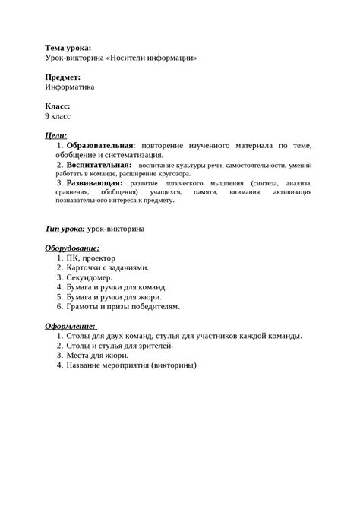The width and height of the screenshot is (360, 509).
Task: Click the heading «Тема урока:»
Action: (x=68, y=48)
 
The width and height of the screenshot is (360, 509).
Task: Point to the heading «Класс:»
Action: (x=61, y=106)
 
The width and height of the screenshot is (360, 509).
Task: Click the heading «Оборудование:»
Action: (x=73, y=248)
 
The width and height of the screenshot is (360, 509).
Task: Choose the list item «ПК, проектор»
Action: (x=91, y=258)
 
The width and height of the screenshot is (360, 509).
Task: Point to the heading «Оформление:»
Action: (x=71, y=326)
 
